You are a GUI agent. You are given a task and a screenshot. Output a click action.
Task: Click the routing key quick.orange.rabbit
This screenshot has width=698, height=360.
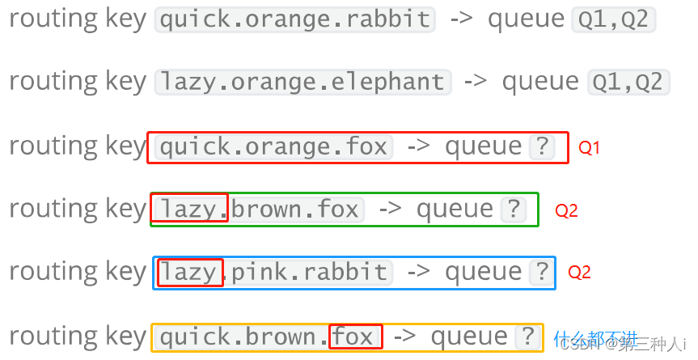click(294, 19)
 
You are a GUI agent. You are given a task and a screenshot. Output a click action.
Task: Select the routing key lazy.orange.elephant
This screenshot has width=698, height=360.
click(302, 82)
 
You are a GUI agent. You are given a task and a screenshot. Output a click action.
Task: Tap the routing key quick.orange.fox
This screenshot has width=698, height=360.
click(273, 147)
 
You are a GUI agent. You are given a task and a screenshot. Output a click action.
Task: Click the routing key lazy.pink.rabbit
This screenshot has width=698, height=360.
click(273, 273)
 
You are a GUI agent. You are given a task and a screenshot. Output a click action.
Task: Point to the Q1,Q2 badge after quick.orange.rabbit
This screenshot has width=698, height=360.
click(613, 19)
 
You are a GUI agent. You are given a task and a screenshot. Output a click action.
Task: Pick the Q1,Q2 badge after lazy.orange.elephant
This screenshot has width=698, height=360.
click(628, 82)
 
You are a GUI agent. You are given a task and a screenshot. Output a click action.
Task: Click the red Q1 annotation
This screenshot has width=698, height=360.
click(589, 148)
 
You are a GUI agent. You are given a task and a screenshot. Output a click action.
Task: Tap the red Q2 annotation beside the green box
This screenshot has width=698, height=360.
click(566, 211)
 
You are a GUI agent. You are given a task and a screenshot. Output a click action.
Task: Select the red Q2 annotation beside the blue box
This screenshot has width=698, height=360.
click(579, 273)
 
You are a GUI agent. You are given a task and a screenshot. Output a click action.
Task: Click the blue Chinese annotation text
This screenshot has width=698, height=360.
click(595, 337)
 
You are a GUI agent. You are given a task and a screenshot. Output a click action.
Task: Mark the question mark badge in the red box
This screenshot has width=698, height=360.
click(543, 147)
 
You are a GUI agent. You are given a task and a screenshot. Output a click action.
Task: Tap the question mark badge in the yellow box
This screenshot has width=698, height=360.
click(528, 337)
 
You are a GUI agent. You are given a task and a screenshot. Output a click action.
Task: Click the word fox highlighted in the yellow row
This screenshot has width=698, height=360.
click(354, 337)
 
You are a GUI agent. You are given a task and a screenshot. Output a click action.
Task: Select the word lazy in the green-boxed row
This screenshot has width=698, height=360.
click(188, 210)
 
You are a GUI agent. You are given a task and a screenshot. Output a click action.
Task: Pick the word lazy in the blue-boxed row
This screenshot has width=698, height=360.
click(189, 273)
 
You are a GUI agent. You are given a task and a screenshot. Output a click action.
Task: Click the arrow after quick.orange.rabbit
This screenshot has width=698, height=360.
click(460, 19)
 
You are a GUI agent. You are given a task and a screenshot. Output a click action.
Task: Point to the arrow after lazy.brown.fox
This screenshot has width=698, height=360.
click(390, 210)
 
